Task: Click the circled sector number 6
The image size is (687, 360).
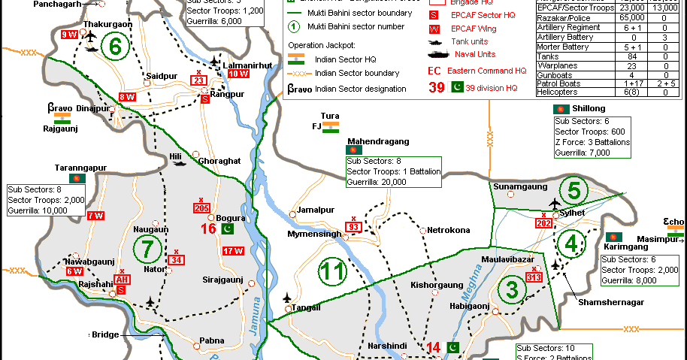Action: pos(115,47)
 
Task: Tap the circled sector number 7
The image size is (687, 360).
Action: pos(147,246)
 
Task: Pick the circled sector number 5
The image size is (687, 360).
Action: pos(574,191)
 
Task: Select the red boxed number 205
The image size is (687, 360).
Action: pos(201,207)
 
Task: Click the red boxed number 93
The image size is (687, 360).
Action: pos(353,226)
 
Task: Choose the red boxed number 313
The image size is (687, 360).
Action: pos(534,277)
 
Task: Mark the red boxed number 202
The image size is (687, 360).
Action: pos(545,222)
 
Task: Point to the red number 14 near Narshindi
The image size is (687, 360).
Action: pos(434,347)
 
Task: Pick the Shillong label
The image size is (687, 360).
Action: pos(588,108)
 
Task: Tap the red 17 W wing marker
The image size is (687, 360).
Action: pos(232,251)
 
